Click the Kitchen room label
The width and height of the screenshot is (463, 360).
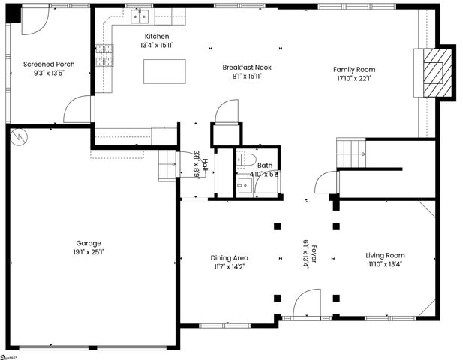point(157,36)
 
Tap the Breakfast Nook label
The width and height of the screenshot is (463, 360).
point(247,67)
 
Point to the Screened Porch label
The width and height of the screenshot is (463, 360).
point(49,64)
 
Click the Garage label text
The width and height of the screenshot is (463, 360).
point(89,243)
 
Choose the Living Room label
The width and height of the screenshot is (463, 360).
point(386,255)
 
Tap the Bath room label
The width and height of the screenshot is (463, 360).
point(264,166)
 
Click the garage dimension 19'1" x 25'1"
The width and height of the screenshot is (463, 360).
point(89,252)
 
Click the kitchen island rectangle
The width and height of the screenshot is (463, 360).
point(164,70)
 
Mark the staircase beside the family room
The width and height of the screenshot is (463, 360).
point(350,154)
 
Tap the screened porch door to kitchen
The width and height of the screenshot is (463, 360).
point(79,111)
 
